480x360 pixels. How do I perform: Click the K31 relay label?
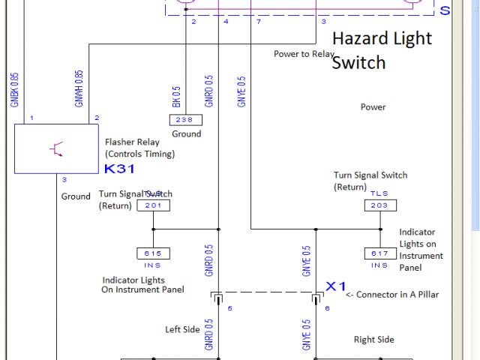pos(120,169)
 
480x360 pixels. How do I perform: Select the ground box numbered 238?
pos(184,120)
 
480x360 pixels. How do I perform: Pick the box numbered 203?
pos(379,205)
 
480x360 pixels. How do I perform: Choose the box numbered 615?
pos(153,253)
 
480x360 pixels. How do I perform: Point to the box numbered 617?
pos(379,253)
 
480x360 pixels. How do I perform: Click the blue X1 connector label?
pos(335,286)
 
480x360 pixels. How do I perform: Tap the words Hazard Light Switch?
pos(381,49)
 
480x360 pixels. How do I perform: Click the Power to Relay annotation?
pos(303,54)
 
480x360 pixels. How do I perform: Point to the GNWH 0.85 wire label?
pos(79,88)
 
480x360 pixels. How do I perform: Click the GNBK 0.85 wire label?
pos(14,88)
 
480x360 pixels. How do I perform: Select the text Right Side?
pos(373,340)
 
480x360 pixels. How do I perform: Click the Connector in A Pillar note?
pos(391,295)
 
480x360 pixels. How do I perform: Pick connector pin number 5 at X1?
pos(229,308)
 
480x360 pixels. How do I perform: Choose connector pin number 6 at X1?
pos(326,308)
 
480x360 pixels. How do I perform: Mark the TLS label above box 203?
pos(379,193)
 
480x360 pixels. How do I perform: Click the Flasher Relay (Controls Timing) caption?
pos(139,148)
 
